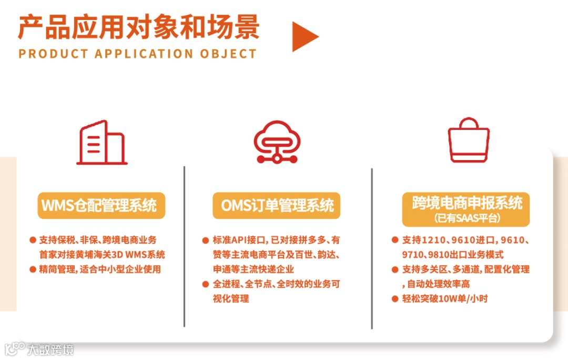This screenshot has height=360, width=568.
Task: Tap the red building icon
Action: click(102, 143)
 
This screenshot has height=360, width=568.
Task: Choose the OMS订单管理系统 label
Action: click(277, 205)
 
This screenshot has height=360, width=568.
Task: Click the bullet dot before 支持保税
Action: click(33, 241)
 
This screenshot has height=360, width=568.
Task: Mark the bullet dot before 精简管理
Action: click(33, 270)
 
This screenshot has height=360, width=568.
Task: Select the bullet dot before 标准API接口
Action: click(206, 241)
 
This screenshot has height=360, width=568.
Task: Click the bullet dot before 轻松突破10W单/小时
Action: click(395, 299)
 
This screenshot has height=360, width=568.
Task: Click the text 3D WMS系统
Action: click(141, 255)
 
